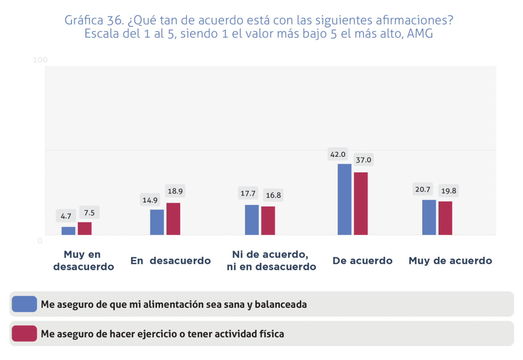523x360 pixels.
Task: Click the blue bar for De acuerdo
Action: tap(344, 199)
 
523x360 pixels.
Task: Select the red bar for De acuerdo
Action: tap(361, 204)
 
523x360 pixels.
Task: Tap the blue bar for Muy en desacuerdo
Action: tap(68, 230)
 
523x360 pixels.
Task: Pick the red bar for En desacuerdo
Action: tap(173, 219)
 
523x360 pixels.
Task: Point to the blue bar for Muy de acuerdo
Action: tap(429, 217)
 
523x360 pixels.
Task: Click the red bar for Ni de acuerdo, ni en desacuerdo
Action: tap(268, 221)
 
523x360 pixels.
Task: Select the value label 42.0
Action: tap(338, 155)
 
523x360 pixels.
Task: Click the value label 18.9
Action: tap(175, 191)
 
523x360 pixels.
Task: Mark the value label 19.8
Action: tap(448, 191)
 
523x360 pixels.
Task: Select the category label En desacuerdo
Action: tap(171, 261)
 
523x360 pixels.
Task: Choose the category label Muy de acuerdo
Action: tap(450, 261)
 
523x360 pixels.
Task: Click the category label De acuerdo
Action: tap(363, 261)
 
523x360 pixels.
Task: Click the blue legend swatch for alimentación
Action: tap(25, 304)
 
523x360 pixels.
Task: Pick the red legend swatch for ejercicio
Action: tap(25, 334)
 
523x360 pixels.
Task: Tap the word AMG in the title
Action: tap(420, 34)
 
